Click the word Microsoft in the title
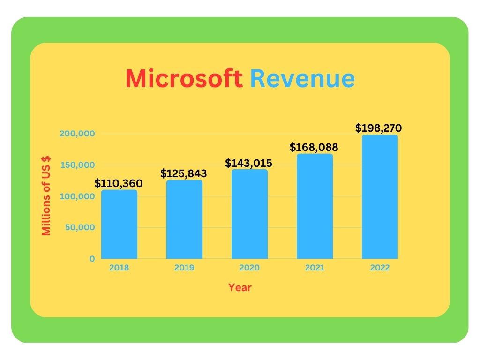pos(184,79)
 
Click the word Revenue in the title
pos(302,79)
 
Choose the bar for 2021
pos(315,206)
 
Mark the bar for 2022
pos(380,197)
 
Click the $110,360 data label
pos(119,183)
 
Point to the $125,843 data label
pos(184,173)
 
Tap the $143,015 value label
pos(249,163)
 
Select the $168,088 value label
pos(314,148)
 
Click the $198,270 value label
pos(379,128)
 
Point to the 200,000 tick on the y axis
pos(77,134)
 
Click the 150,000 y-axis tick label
pos(77,165)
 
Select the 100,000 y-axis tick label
pos(77,196)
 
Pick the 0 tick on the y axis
pos(92,259)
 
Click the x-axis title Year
pos(240,288)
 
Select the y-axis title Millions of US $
pos(46,196)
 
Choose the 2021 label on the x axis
pos(315,268)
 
